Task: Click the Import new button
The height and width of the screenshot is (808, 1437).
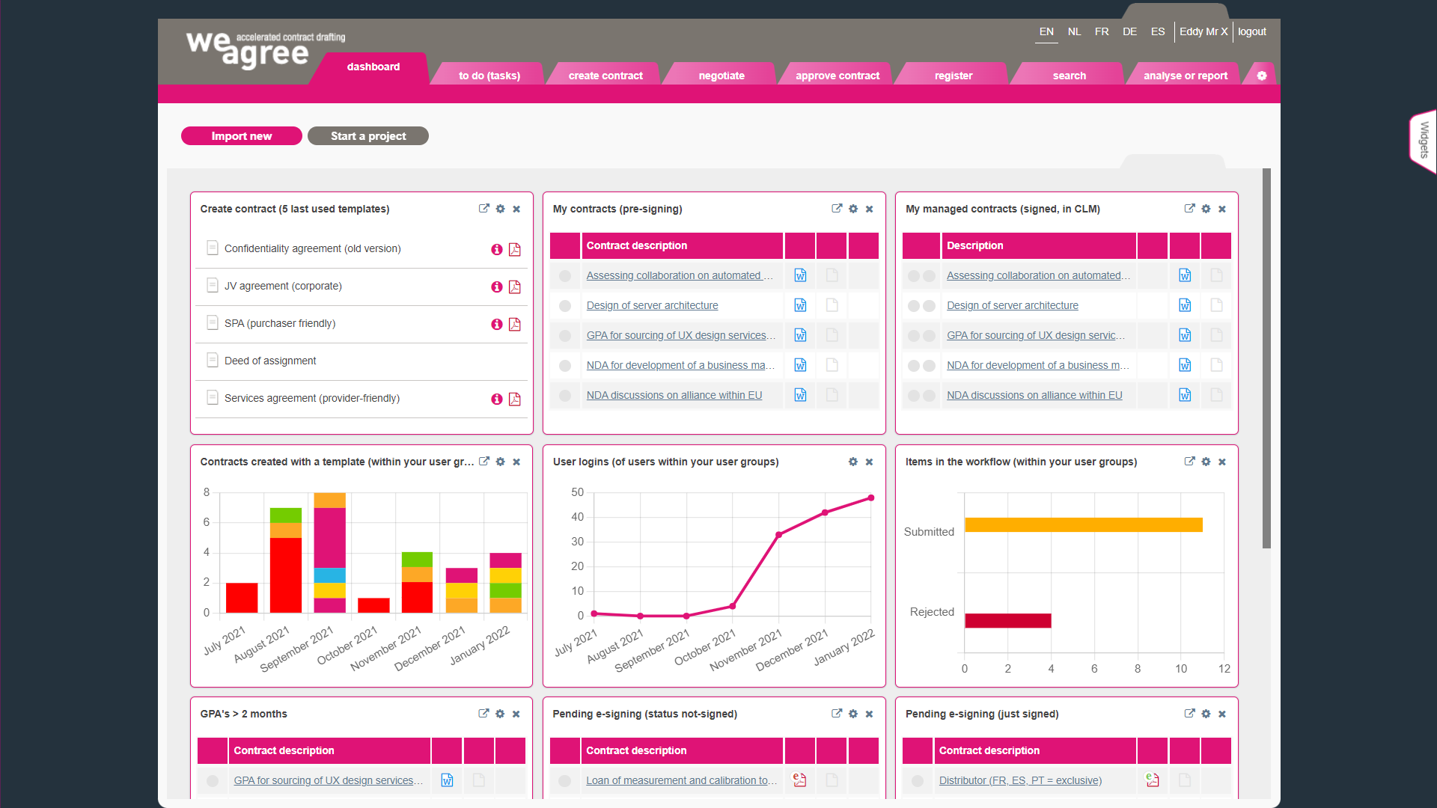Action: (241, 136)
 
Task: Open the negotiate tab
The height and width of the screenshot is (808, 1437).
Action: (721, 76)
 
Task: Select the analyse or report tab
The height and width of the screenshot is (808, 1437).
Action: (1185, 76)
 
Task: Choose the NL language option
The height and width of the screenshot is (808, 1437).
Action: (1074, 31)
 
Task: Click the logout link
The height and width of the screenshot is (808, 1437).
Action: (1251, 31)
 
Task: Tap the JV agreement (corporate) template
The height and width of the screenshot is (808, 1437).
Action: (283, 287)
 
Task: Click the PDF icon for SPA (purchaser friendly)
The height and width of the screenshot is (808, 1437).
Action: (515, 324)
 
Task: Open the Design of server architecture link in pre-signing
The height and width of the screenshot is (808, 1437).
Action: (652, 305)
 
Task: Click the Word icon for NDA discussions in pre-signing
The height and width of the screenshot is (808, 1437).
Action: (800, 395)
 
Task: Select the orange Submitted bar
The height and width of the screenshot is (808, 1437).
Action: (1083, 525)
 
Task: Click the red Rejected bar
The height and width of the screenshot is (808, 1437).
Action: (1007, 620)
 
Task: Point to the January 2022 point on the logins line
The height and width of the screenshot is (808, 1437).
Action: (871, 498)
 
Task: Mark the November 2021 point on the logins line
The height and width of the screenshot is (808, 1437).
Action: (779, 535)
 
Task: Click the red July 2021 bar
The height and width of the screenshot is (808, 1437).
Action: (242, 598)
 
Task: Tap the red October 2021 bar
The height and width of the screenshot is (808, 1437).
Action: (373, 605)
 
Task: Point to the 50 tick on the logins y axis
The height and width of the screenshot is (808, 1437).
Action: (577, 492)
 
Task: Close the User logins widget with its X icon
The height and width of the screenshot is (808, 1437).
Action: (869, 462)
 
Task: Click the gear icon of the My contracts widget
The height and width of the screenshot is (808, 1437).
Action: (853, 209)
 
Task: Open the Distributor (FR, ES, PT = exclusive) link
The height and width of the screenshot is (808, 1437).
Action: (1020, 780)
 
